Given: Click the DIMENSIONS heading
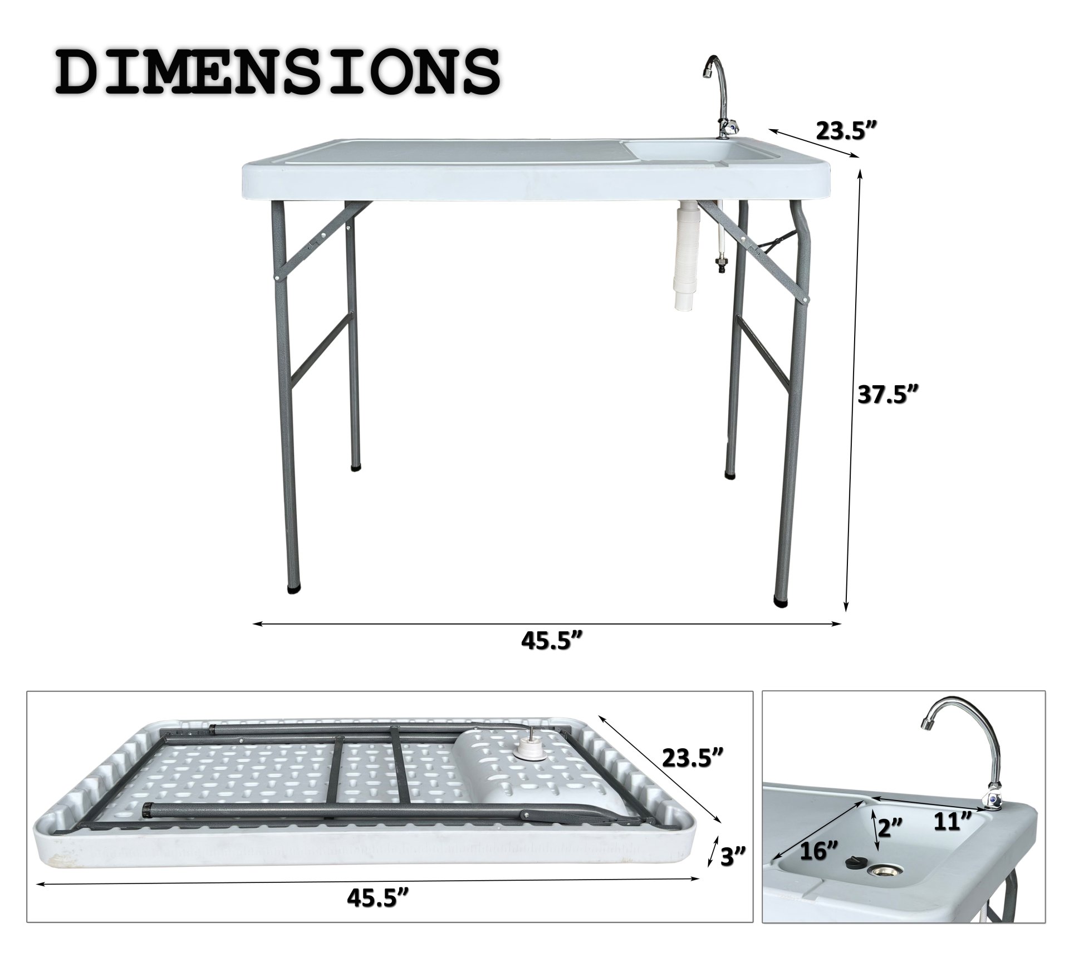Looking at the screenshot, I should tap(277, 72).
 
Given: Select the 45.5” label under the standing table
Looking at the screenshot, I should tap(551, 641).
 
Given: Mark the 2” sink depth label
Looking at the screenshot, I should tap(889, 826).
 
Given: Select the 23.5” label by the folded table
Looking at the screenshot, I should tap(693, 757).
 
